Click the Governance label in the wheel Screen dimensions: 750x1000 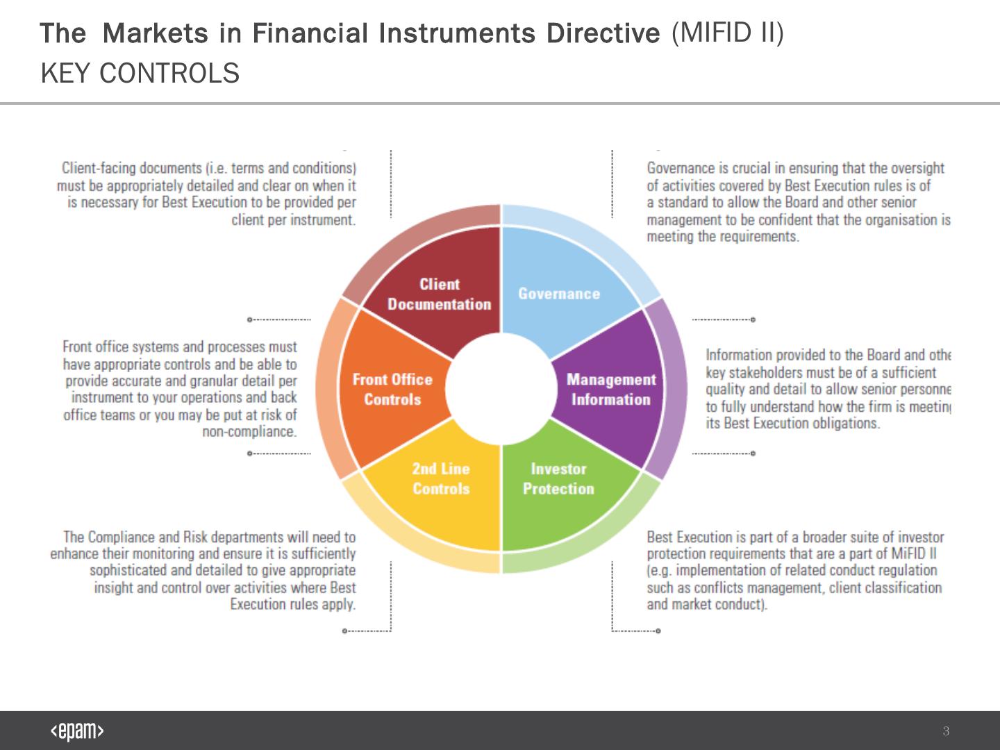[x=559, y=294]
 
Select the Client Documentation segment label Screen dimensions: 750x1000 [x=439, y=294]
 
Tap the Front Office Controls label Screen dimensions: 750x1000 [x=392, y=390]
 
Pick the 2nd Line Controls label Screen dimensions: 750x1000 [x=441, y=479]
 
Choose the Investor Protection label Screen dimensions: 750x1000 [x=558, y=479]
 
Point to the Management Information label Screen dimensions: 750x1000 [x=610, y=390]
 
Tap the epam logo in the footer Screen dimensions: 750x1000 [x=77, y=731]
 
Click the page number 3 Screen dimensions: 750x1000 [x=946, y=731]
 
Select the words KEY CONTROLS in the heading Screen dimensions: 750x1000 [x=140, y=73]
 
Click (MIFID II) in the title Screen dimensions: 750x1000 [x=727, y=32]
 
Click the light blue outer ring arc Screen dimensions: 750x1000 [x=590, y=240]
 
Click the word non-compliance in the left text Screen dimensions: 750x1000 [x=249, y=431]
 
